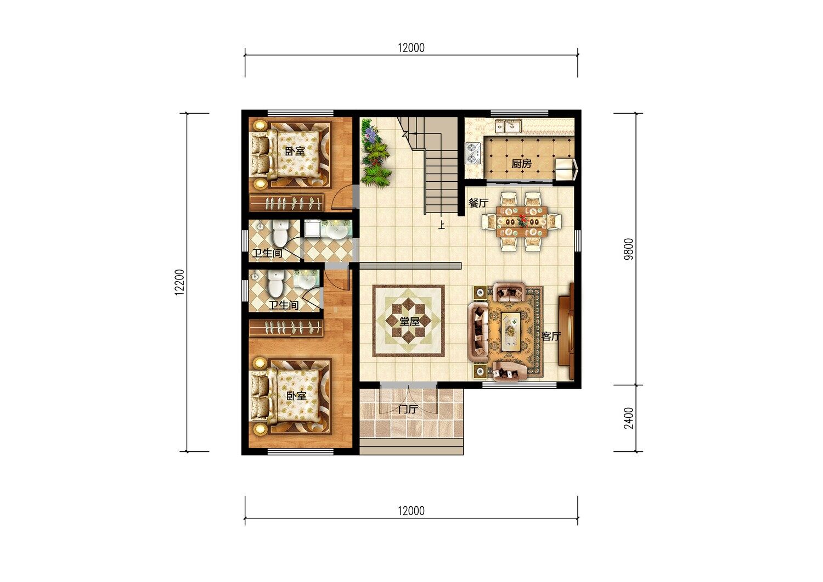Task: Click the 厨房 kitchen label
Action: [x=521, y=164]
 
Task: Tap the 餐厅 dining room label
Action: [x=478, y=203]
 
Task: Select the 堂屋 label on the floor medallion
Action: [x=409, y=321]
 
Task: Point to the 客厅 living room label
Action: [x=551, y=336]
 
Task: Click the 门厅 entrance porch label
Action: [x=408, y=409]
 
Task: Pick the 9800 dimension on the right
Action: [x=629, y=249]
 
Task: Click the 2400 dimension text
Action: [x=629, y=418]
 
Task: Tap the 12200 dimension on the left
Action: [x=179, y=282]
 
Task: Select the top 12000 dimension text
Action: [x=411, y=48]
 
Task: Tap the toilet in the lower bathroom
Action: [x=275, y=283]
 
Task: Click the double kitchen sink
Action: [x=508, y=126]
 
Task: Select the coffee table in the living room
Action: [x=511, y=331]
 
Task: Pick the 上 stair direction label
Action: [x=441, y=225]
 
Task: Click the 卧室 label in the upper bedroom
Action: [x=295, y=151]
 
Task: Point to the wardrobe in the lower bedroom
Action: [x=286, y=328]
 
